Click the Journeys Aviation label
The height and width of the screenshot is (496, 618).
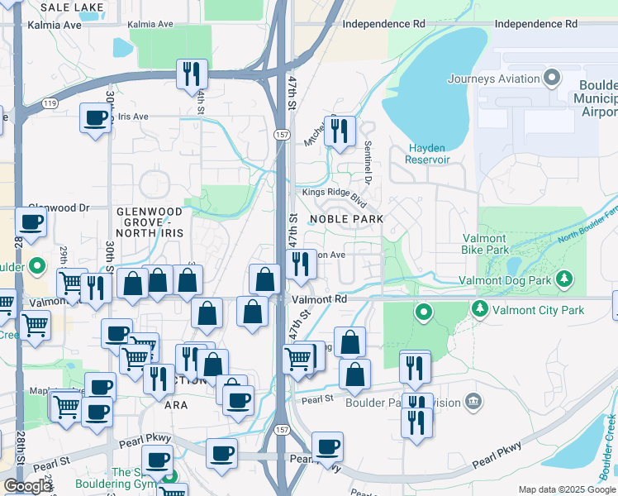(494, 79)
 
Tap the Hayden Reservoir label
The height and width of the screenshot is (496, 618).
(428, 153)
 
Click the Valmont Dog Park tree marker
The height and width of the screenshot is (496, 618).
(565, 279)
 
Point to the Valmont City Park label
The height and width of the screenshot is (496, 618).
(538, 311)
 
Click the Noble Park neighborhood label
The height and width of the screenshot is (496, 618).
(346, 219)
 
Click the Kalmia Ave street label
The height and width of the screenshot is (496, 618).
(55, 25)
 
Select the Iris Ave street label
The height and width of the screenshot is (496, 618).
(132, 117)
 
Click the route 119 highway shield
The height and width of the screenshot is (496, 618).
(50, 103)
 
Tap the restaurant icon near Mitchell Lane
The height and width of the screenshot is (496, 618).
(339, 131)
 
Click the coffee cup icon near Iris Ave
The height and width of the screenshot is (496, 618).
(95, 118)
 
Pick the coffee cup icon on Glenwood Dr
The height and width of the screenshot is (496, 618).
(31, 222)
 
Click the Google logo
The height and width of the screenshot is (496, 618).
(27, 486)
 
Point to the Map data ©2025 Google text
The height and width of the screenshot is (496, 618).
(566, 489)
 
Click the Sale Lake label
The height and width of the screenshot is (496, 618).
(72, 7)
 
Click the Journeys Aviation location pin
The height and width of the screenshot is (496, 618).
(553, 79)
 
